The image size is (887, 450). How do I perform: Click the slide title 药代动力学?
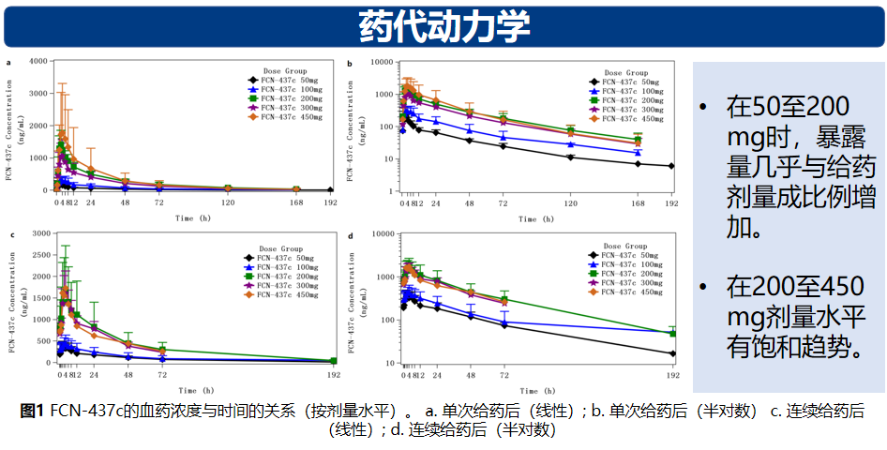click(443, 25)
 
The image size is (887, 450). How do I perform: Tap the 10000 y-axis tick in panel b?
click(380, 62)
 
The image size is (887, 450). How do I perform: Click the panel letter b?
click(350, 64)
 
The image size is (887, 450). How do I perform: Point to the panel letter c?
click(10, 235)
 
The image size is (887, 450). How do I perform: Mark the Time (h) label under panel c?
click(195, 390)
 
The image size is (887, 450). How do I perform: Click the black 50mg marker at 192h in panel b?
click(671, 166)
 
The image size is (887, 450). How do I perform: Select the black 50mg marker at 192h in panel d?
click(671, 353)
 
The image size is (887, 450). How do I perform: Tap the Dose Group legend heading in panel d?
click(626, 242)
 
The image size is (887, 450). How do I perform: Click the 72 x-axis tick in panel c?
click(162, 375)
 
